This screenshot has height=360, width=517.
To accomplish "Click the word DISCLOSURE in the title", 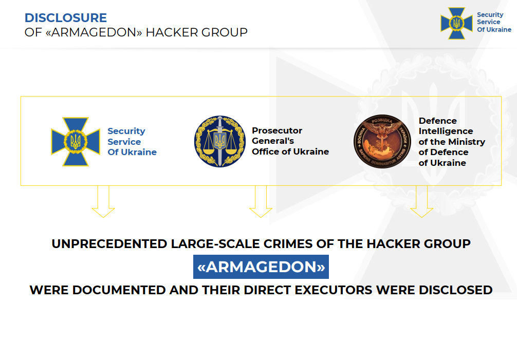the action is coord(66,18).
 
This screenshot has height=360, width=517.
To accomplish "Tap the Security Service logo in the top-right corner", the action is coord(456,24).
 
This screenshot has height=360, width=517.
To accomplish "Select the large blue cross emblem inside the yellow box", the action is coord(76,142).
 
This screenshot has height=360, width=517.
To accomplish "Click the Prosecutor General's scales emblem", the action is coord(220,141).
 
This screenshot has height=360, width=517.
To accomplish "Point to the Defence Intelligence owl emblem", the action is coord(382,141).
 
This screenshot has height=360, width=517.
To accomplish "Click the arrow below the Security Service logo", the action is coord(103,201).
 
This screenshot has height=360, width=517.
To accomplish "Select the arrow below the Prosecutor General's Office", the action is coord(261,201).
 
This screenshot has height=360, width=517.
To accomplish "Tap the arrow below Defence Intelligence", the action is coord(422,201).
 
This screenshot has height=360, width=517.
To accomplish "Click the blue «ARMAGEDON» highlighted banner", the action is coord(261,267).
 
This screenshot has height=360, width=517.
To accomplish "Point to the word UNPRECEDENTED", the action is coord(109,244).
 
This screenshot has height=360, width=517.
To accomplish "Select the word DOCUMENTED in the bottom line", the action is coord(119,290).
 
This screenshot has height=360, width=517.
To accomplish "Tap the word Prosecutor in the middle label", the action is coord(277,131).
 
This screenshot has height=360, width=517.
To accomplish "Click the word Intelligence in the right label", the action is coord(446,131).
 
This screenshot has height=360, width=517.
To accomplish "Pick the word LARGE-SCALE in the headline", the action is coord(215,244).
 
